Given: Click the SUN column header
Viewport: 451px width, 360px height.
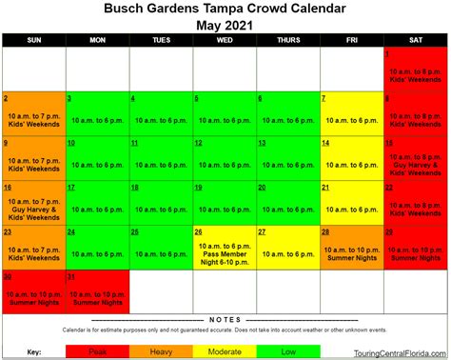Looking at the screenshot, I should tap(33, 40).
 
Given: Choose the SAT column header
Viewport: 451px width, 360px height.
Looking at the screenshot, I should tap(415, 40).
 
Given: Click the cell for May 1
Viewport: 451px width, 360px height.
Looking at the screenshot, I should tap(415, 68).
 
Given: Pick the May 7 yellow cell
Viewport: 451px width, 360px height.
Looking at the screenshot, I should tap(351, 113).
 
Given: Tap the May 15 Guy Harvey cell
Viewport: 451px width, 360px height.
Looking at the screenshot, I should tap(415, 157).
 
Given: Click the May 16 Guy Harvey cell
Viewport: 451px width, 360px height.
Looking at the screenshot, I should tap(33, 202).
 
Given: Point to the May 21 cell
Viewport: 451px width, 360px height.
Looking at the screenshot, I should tap(351, 202).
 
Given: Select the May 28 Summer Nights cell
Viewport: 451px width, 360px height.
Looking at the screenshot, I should tap(351, 247).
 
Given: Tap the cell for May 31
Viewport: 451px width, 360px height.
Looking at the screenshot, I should tap(97, 291).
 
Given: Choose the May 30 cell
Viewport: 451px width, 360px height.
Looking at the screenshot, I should tap(33, 291).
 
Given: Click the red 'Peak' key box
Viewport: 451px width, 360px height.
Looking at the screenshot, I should tap(98, 351).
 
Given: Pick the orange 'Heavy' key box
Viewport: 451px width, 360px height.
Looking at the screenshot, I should tap(161, 351).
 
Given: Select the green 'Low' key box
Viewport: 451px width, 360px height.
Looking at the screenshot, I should tap(288, 351).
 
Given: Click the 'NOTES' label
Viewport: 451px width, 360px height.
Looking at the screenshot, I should tap(225, 320).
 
